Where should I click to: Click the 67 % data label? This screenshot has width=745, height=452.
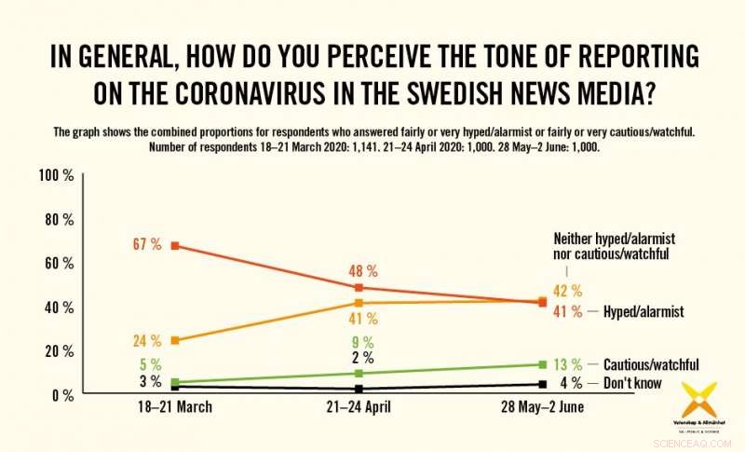click(147, 245)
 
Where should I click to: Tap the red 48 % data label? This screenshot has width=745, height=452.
click(362, 271)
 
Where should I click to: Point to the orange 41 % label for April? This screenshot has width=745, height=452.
click(362, 319)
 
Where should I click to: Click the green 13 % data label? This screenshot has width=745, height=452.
click(569, 364)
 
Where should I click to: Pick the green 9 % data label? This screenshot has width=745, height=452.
click(362, 341)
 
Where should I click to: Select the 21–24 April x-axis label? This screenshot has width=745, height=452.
click(360, 407)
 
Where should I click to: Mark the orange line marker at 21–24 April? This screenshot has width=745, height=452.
click(359, 303)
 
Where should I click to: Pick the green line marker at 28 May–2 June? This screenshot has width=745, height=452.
click(543, 364)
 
